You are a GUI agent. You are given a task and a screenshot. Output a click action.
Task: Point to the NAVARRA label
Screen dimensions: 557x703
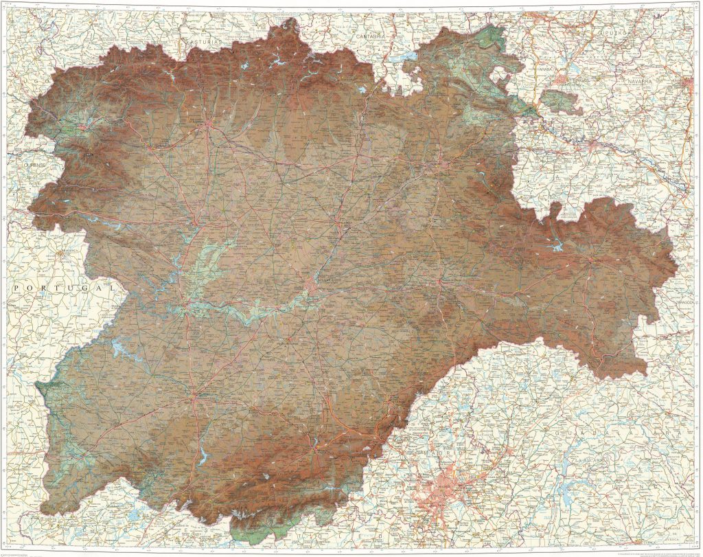[643, 81]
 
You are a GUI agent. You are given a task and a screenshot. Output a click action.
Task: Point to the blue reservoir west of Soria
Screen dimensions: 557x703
[556, 242]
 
